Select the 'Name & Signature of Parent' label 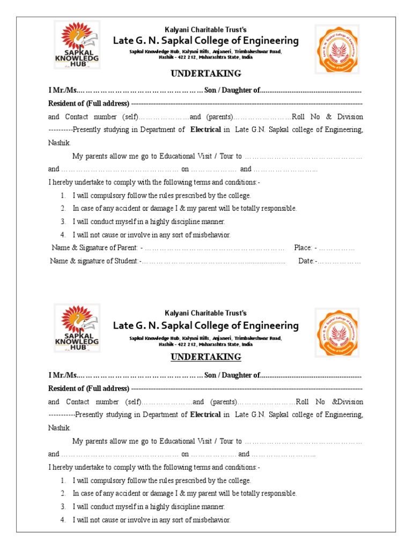click(95, 248)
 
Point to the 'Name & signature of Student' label click(94, 262)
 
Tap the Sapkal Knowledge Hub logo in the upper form click(77, 44)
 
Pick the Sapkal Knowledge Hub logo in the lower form click(77, 328)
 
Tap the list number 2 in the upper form click(63, 209)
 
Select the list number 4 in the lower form click(63, 520)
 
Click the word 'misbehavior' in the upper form click(212, 235)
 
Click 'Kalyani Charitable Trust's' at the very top click(206, 29)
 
